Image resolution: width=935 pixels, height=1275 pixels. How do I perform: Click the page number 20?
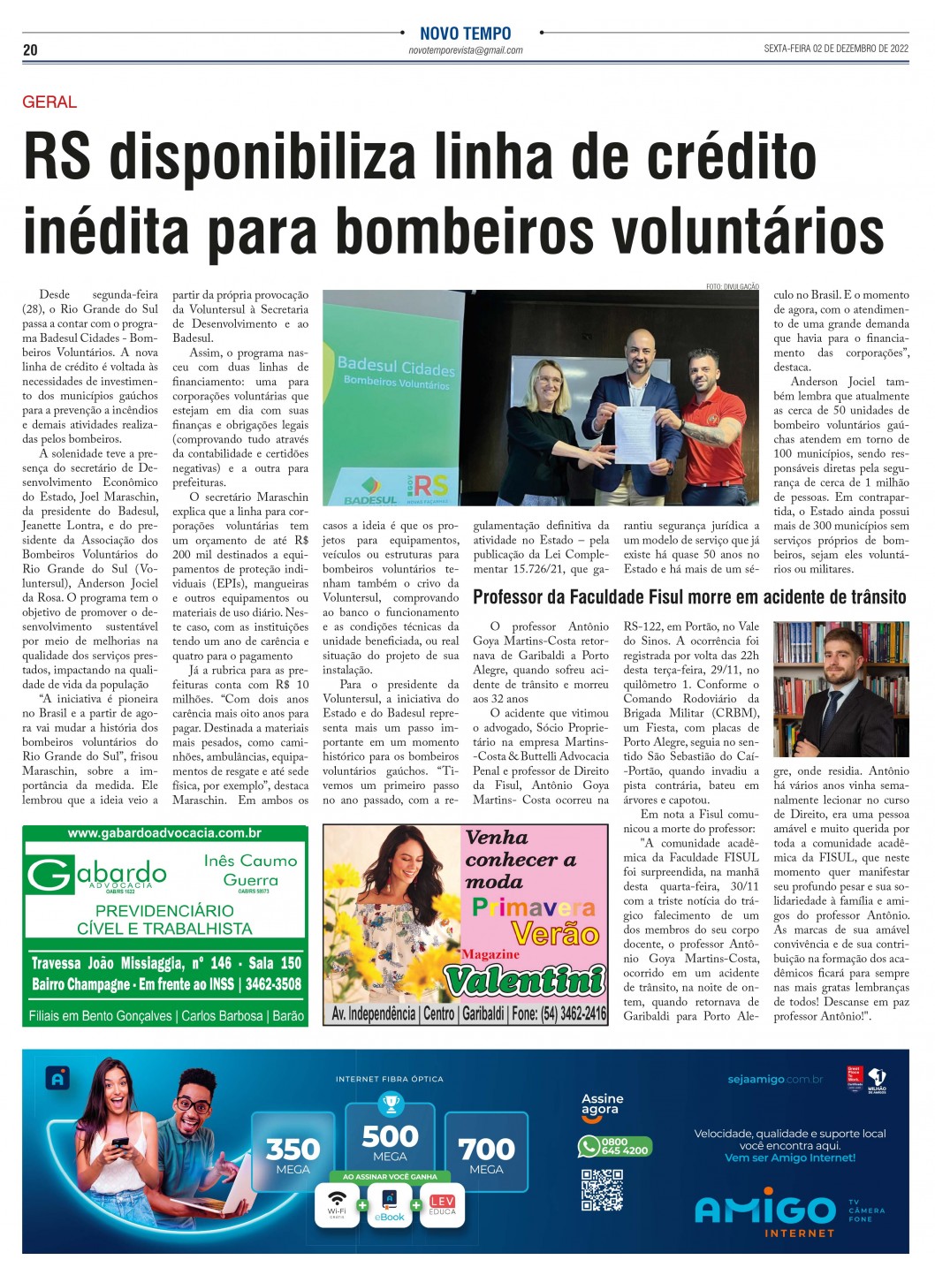click(30, 50)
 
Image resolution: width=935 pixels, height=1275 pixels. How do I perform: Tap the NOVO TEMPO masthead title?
click(465, 34)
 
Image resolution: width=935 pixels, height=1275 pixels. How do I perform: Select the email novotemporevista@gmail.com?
click(465, 51)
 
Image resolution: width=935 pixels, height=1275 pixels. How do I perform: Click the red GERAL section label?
click(49, 102)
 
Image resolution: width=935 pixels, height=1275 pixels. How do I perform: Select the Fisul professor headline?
click(689, 597)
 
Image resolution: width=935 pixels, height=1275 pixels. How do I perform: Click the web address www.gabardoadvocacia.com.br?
click(164, 833)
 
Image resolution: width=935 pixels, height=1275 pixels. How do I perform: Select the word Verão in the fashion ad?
click(555, 934)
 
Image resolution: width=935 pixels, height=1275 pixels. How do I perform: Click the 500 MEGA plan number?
click(390, 1135)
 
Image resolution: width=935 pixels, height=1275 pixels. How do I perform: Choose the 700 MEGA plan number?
click(486, 1149)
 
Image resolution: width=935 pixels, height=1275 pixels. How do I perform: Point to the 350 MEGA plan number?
click(293, 1149)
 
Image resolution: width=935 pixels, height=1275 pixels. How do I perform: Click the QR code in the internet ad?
click(602, 1189)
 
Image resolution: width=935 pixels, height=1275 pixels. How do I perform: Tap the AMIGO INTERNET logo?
click(765, 1212)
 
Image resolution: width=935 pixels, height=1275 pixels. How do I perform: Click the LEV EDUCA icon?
click(442, 1205)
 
